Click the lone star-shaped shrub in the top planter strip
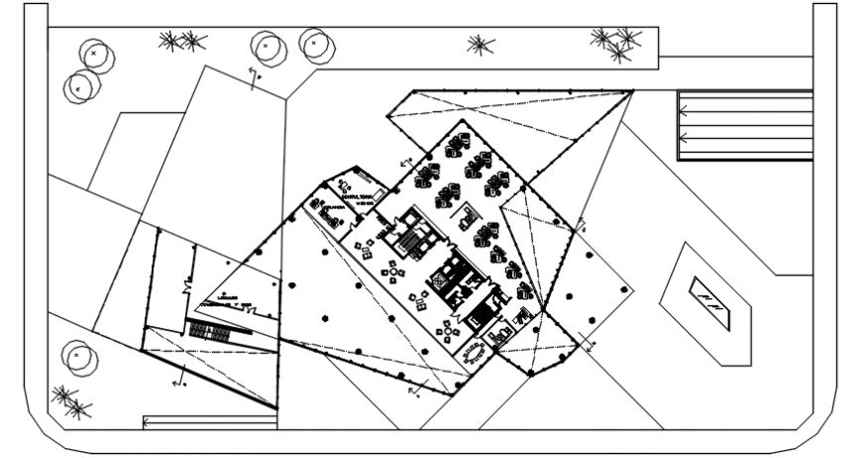click(481, 45)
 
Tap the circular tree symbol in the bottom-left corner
click(76, 355)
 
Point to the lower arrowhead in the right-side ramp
click(683, 140)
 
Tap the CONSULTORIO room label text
click(354, 197)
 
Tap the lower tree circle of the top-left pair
click(78, 87)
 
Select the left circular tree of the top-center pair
click(267, 47)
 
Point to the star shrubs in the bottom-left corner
click(70, 401)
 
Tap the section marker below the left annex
click(179, 380)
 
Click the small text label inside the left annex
click(228, 298)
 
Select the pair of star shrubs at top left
click(181, 41)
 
